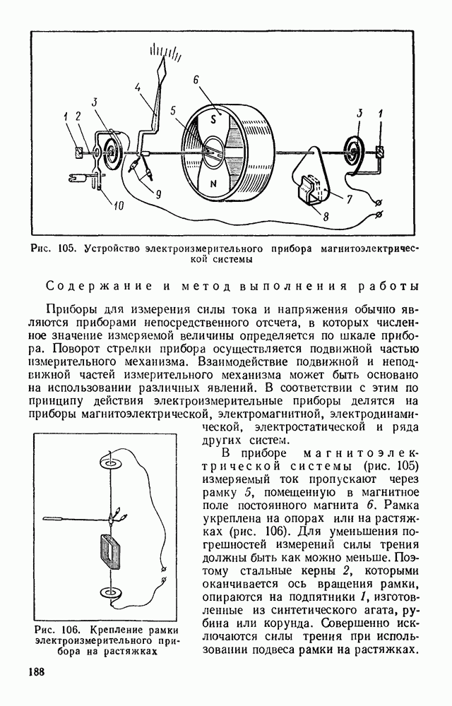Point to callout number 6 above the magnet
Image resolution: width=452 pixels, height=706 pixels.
tap(196, 80)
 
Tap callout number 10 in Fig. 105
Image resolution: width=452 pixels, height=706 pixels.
tap(118, 205)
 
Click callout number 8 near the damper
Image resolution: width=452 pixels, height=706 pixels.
tap(326, 216)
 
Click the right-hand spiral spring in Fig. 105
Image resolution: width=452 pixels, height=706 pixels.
tap(352, 150)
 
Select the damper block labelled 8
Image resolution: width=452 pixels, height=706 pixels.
tap(310, 189)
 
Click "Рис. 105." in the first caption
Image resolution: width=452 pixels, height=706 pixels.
tap(54, 248)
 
